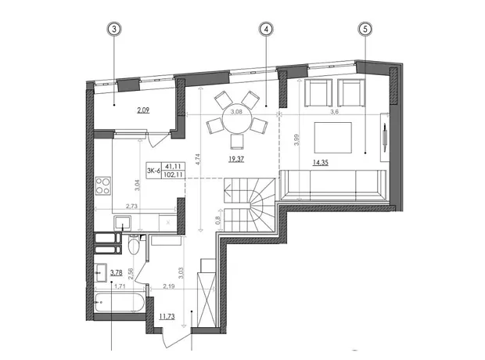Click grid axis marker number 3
(x=114, y=29)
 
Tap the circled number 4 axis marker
(x=266, y=29)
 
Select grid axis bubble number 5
(x=365, y=29)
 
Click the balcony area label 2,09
(x=143, y=110)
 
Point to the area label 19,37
(x=236, y=160)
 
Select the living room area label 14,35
(x=321, y=162)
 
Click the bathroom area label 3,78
(x=117, y=272)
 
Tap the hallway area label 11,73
(x=167, y=316)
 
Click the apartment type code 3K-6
(x=154, y=171)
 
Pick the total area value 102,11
(x=173, y=175)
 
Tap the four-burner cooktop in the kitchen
(x=103, y=185)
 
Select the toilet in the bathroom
(x=134, y=245)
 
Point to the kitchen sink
(x=123, y=223)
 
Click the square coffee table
(x=333, y=138)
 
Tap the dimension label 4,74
(x=198, y=160)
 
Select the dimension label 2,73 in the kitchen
(x=131, y=206)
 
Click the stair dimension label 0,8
(x=218, y=220)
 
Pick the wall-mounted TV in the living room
(x=384, y=137)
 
